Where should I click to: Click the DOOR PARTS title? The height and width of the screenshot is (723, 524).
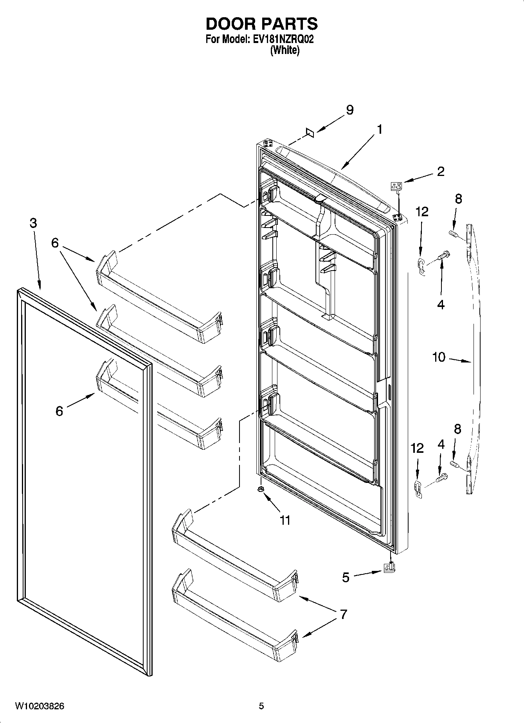click(261, 24)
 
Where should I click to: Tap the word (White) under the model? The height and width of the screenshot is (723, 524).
click(285, 50)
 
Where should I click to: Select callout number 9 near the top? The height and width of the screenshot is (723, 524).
click(349, 110)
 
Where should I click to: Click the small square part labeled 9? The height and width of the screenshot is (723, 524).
click(310, 133)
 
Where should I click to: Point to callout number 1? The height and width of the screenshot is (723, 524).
click(379, 129)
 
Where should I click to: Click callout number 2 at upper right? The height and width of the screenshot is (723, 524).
click(440, 171)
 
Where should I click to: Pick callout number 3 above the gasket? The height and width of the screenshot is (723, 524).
click(33, 223)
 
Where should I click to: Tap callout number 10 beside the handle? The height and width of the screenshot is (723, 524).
click(439, 357)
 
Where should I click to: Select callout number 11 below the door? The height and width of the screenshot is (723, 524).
click(285, 520)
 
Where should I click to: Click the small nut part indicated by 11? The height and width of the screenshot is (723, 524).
click(261, 490)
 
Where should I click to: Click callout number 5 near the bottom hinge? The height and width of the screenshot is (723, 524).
click(346, 577)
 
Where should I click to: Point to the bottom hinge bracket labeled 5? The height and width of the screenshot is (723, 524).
click(390, 567)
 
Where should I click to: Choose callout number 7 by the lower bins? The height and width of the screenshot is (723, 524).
click(343, 614)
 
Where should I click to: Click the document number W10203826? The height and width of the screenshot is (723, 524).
click(40, 706)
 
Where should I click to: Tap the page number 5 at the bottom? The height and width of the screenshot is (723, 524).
click(261, 706)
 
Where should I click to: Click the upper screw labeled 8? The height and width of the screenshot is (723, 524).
click(453, 234)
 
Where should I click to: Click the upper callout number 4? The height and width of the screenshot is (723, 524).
click(441, 305)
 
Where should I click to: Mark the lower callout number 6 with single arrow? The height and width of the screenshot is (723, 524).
click(59, 411)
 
